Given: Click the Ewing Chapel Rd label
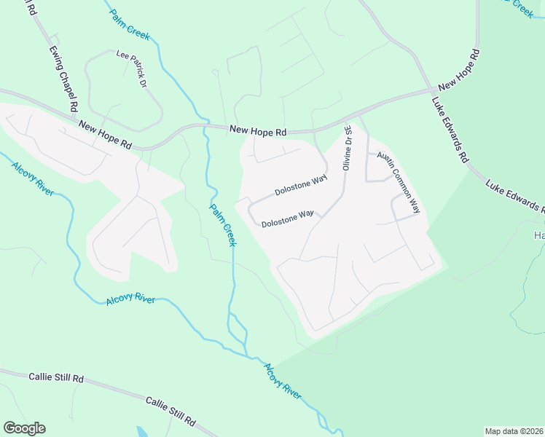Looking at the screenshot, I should [63, 79].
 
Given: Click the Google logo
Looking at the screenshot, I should [24, 428].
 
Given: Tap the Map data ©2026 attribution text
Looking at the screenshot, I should [514, 431].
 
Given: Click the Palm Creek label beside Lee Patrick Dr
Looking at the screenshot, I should [130, 22].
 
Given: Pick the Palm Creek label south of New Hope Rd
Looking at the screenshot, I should [223, 224].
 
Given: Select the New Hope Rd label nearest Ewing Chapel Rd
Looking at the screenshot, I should [105, 135].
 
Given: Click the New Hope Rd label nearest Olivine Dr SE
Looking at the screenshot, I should [258, 131].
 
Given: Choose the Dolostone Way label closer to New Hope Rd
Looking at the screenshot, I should [301, 185].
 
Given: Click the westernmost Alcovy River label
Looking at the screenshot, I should [32, 178].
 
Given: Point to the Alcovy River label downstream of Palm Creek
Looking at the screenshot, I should [282, 381].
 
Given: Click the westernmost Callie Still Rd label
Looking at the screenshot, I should [57, 377].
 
